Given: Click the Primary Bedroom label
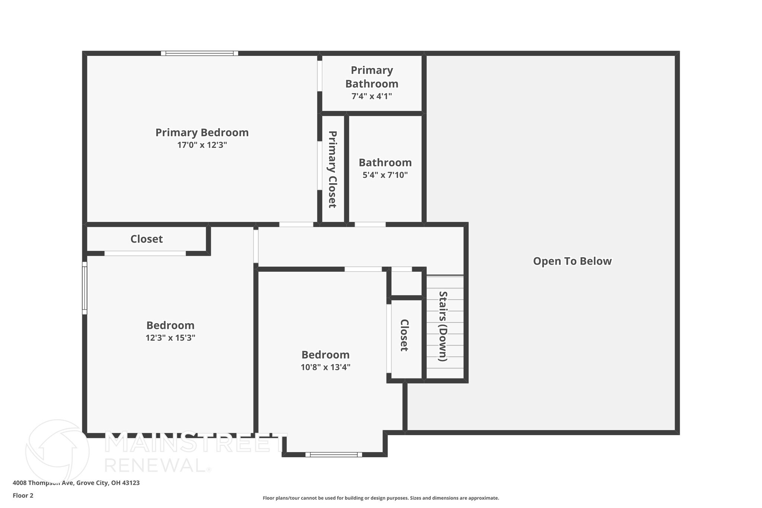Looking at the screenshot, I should pos(202,132).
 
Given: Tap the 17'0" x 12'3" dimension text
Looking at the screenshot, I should pos(202,145).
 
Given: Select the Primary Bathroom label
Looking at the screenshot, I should pos(372,77).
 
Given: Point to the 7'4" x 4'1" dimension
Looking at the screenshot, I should pos(372,96).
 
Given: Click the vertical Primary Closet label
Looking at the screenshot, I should pos(332,169).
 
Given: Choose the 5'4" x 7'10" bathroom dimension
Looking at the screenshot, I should pos(385,175).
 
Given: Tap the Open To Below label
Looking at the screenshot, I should pos(572,261).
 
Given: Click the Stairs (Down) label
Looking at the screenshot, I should pos(443,326).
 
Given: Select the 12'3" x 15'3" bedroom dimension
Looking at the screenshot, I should pos(170,338).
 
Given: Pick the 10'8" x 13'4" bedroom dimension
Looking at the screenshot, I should pos(326,367).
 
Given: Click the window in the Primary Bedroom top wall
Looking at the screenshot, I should pos(199,53).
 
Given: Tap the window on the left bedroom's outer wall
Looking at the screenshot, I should pos(84,288).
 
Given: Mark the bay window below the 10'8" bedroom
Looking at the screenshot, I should pos(334,454).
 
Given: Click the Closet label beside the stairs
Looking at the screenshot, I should pos(404,335).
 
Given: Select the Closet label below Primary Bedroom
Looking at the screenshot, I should pos(147,239).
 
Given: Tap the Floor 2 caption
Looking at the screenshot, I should pos(23,495).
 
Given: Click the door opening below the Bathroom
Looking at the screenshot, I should pos(370,224).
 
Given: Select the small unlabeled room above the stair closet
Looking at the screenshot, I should pos(406,284).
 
